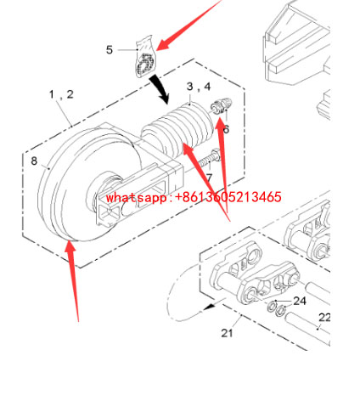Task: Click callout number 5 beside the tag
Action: click(x=109, y=50)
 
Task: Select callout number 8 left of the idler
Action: click(x=34, y=160)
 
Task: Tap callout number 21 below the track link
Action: click(x=227, y=332)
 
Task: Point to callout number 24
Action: click(x=300, y=300)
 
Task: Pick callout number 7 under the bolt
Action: click(x=208, y=177)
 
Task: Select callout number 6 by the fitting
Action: click(x=226, y=129)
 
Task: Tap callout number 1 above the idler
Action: click(x=53, y=93)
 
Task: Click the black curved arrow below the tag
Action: click(x=158, y=86)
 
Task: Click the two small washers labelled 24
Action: click(x=277, y=307)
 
